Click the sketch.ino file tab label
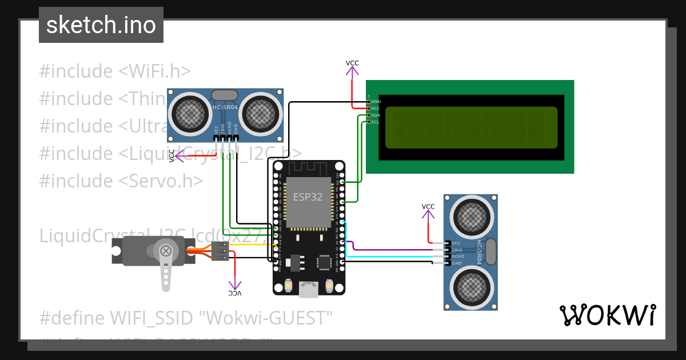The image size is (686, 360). point(101,25)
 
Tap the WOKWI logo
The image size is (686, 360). point(607,315)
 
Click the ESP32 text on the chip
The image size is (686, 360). point(308,197)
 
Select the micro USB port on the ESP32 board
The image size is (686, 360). point(309,290)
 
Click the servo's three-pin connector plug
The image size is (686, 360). point(220,251)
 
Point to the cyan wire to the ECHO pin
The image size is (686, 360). point(389,257)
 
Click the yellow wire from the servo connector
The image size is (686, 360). point(246,245)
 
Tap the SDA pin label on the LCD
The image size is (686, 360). point(375,115)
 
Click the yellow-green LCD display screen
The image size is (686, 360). point(471,127)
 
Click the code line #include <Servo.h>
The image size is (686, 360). point(121,181)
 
